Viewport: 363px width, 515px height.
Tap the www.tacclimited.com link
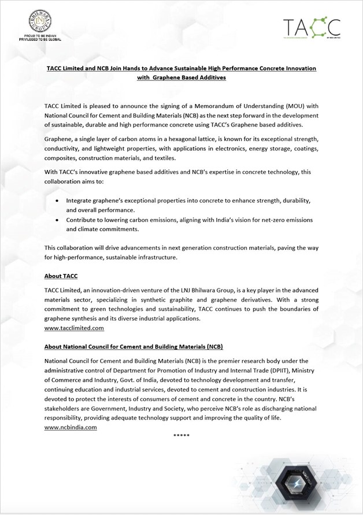click(74, 328)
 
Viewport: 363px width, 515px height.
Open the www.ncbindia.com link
click(71, 427)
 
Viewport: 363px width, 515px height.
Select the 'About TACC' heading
click(61, 276)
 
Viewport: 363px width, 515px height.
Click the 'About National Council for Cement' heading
click(134, 347)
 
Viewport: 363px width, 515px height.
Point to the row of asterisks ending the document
click(181, 435)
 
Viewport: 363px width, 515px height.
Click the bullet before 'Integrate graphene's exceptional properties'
click(56, 201)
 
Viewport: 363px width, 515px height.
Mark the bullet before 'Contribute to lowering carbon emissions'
click(56, 220)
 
